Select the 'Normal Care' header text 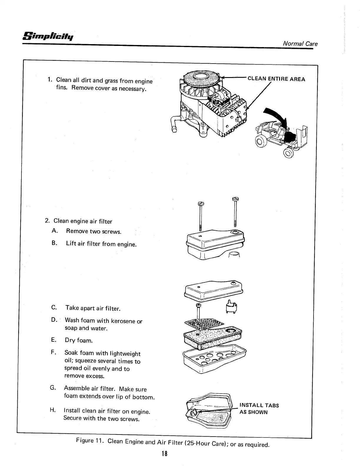(x=300, y=44)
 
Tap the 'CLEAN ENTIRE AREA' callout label (x=276, y=79)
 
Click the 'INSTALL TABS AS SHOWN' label (x=259, y=409)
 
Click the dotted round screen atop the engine (x=201, y=78)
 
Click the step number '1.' (x=50, y=79)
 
